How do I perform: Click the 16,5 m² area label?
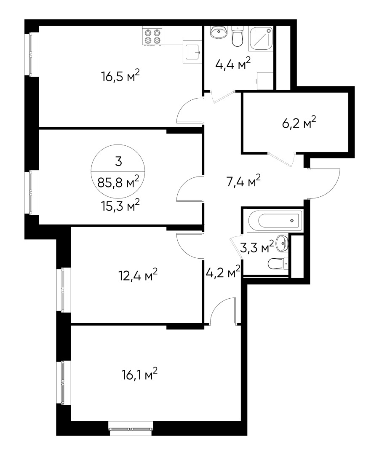pos(120,77)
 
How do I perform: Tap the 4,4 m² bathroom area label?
pos(232,65)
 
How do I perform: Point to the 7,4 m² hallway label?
pos(243,182)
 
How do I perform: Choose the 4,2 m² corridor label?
pos(223,273)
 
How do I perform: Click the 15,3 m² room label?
pos(120,206)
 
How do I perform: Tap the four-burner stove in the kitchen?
pos(152,36)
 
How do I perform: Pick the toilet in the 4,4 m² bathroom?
pos(238,37)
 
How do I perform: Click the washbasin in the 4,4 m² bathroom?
pos(219,32)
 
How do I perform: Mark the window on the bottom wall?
pos(131,429)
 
